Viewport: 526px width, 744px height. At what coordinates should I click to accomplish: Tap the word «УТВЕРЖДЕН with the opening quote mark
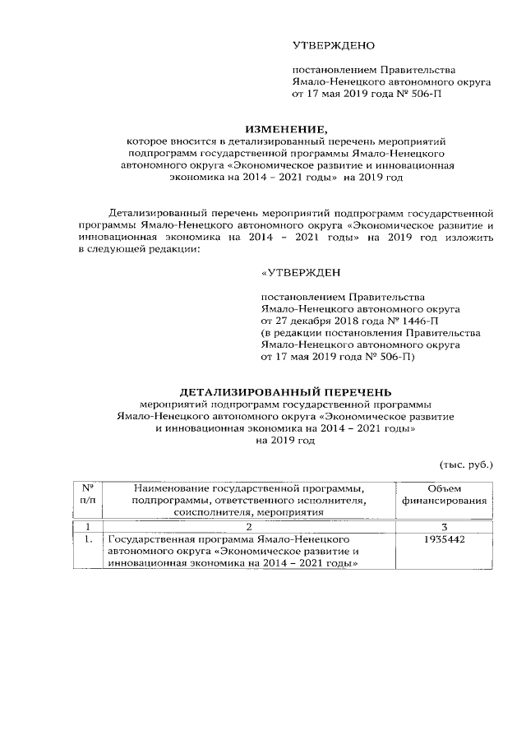click(x=300, y=273)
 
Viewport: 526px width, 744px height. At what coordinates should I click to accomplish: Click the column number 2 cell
click(x=248, y=526)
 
